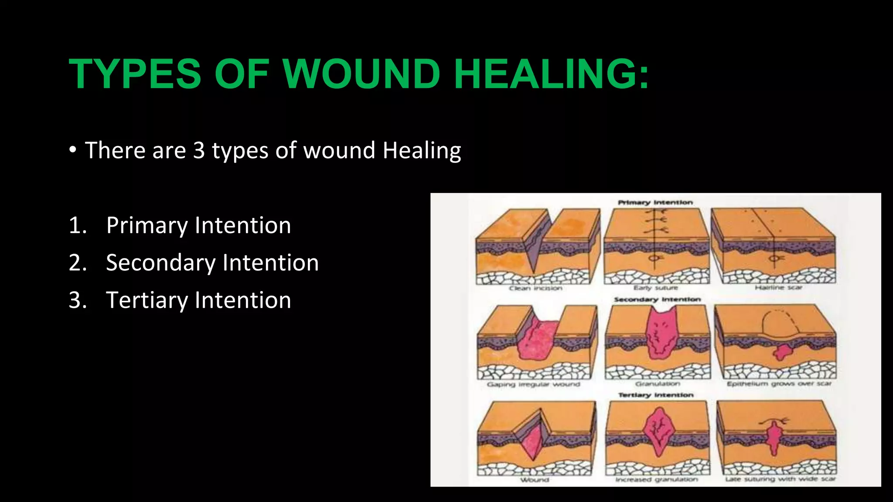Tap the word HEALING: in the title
(551, 74)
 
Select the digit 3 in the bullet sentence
(199, 150)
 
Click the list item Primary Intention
(198, 225)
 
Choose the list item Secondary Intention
(212, 263)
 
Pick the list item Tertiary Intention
(198, 300)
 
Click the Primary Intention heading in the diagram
(655, 202)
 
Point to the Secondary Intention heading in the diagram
(657, 299)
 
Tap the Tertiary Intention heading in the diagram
(656, 395)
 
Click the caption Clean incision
(535, 288)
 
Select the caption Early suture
(656, 288)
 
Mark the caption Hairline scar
(778, 288)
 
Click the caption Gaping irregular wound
(533, 384)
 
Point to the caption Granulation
(658, 384)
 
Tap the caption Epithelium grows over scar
(779, 384)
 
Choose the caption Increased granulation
(657, 479)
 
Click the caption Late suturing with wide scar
(780, 479)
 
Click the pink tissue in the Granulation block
(661, 336)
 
